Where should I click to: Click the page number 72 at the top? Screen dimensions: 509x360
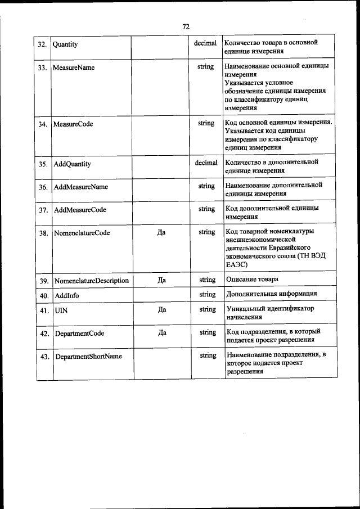point(186,26)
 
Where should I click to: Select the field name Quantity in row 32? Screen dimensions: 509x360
point(65,44)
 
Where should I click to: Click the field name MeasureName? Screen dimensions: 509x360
point(73,67)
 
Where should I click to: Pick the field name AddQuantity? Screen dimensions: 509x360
point(72,165)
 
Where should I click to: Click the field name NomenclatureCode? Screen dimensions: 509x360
point(82,232)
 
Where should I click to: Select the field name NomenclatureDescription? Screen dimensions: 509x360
point(91,281)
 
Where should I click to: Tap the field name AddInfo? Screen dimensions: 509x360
point(66,295)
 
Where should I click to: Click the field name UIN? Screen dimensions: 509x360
point(61,310)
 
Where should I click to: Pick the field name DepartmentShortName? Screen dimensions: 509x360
point(88,356)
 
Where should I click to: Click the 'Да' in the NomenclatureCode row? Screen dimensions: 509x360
point(161,232)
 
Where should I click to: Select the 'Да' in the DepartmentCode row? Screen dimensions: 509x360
point(162,333)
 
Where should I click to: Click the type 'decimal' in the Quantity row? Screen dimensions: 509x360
point(205,43)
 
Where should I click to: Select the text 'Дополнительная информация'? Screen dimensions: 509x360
point(271,294)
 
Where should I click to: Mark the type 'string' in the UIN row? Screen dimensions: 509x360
point(207,309)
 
